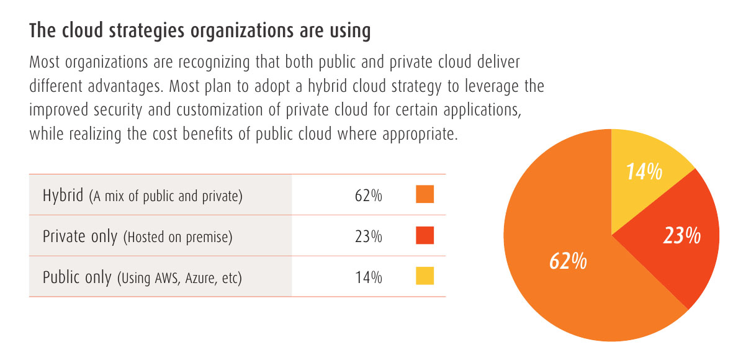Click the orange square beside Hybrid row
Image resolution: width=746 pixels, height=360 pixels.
coord(425,195)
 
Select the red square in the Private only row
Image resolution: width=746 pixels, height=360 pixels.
coord(425,236)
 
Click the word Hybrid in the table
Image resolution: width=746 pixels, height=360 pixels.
coord(63,196)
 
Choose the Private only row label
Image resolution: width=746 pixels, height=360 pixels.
coord(80,236)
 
